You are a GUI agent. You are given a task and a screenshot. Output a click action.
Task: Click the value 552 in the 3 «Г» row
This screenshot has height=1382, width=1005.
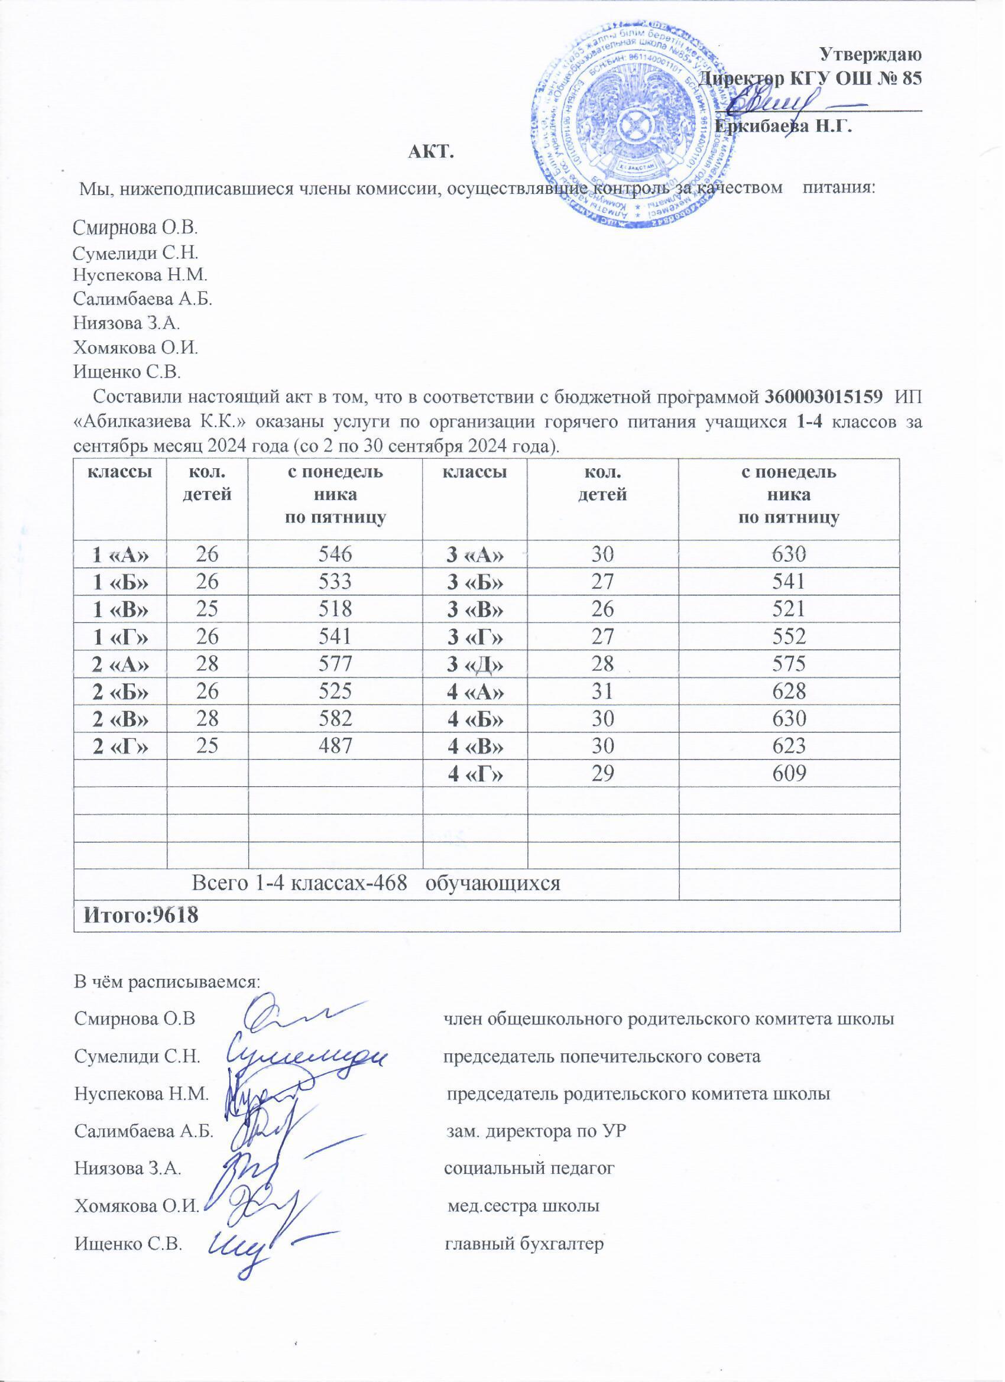point(789,637)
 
